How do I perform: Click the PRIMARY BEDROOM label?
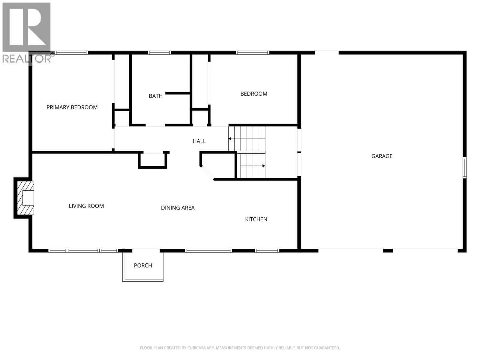click(x=72, y=107)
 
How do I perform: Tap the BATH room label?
click(x=156, y=96)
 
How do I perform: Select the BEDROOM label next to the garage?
click(x=254, y=94)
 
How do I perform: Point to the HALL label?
click(x=199, y=141)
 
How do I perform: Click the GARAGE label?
click(x=382, y=156)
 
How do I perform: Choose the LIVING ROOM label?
click(x=86, y=206)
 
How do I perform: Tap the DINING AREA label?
click(x=178, y=208)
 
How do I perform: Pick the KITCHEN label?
click(x=256, y=219)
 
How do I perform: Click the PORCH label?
click(x=143, y=265)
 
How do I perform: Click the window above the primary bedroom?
click(x=72, y=53)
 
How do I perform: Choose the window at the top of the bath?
click(x=159, y=53)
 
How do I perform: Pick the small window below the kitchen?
click(x=267, y=250)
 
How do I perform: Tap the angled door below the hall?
click(x=207, y=173)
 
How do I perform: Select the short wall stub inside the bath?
click(x=178, y=93)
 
